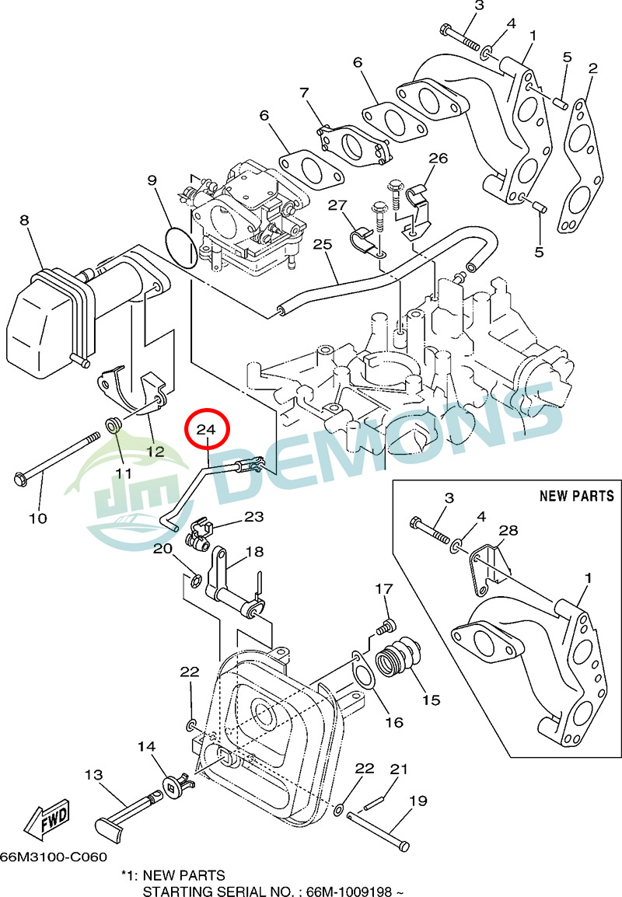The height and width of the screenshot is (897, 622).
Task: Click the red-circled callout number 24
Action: click(206, 429)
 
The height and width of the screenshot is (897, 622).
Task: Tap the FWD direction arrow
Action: click(48, 818)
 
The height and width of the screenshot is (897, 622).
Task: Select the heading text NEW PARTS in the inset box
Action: click(576, 496)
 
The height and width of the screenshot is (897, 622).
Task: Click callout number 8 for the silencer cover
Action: click(24, 221)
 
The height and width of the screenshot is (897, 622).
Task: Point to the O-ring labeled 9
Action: click(181, 247)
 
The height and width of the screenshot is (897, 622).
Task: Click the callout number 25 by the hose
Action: click(323, 245)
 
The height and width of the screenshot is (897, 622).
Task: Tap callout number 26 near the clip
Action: click(438, 159)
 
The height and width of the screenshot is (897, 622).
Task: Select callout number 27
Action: click(336, 205)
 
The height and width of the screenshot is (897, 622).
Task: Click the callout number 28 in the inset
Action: click(508, 530)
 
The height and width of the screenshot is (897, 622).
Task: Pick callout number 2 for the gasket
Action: click(592, 68)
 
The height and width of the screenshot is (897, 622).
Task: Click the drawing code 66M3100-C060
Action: click(53, 857)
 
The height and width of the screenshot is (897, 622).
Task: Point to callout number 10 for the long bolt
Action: click(38, 518)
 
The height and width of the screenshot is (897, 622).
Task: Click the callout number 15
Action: click(431, 700)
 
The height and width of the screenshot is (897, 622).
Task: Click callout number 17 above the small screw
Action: click(384, 588)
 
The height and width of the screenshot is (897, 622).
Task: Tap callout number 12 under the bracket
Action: click(155, 451)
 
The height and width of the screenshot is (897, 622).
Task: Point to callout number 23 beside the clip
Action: click(254, 516)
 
